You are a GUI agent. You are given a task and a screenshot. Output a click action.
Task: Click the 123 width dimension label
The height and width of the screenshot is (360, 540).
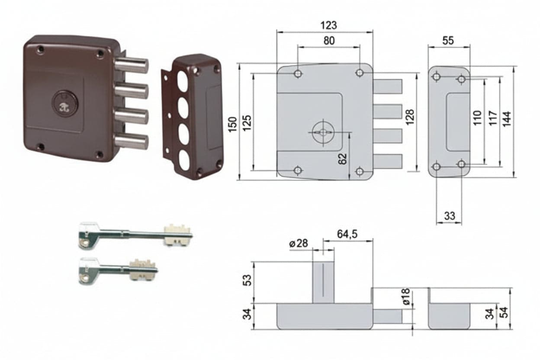pos(328,26)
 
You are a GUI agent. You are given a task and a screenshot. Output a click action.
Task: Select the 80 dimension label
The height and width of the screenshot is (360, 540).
pos(329,41)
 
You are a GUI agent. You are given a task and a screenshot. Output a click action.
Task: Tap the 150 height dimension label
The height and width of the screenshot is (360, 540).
pos(233,124)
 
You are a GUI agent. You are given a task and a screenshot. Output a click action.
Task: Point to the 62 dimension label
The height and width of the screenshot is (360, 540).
pos(342,159)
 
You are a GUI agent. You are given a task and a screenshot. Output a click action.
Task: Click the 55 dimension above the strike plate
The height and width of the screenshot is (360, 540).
pos(448,41)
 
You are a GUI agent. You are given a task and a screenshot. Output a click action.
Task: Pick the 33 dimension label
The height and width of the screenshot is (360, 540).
pos(450,216)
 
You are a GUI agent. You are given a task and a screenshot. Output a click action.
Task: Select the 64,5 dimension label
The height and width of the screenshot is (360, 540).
pos(347,234)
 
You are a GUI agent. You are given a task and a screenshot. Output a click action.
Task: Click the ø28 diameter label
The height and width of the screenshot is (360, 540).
pos(299,243)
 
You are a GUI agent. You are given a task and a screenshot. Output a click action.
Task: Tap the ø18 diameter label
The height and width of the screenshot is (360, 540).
pos(406,296)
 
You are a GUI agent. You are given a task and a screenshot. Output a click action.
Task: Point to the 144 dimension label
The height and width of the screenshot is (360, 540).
pos(507,119)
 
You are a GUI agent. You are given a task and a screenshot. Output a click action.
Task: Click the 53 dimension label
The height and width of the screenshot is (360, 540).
pos(247,280)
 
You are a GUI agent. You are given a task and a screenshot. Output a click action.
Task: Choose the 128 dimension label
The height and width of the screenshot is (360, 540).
pos(410,117)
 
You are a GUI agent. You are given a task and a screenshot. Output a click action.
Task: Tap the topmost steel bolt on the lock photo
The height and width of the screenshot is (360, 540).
pos(132,65)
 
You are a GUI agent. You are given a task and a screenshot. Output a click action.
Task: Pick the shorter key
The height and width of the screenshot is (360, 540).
pos(119,270)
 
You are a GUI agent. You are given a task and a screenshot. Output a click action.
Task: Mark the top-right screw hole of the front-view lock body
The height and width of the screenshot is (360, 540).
pos(360,72)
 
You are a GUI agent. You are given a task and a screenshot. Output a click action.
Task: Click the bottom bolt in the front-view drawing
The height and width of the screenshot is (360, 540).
pos(388,161)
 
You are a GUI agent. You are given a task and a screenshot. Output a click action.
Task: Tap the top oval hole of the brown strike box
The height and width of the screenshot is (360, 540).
pos(183,81)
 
